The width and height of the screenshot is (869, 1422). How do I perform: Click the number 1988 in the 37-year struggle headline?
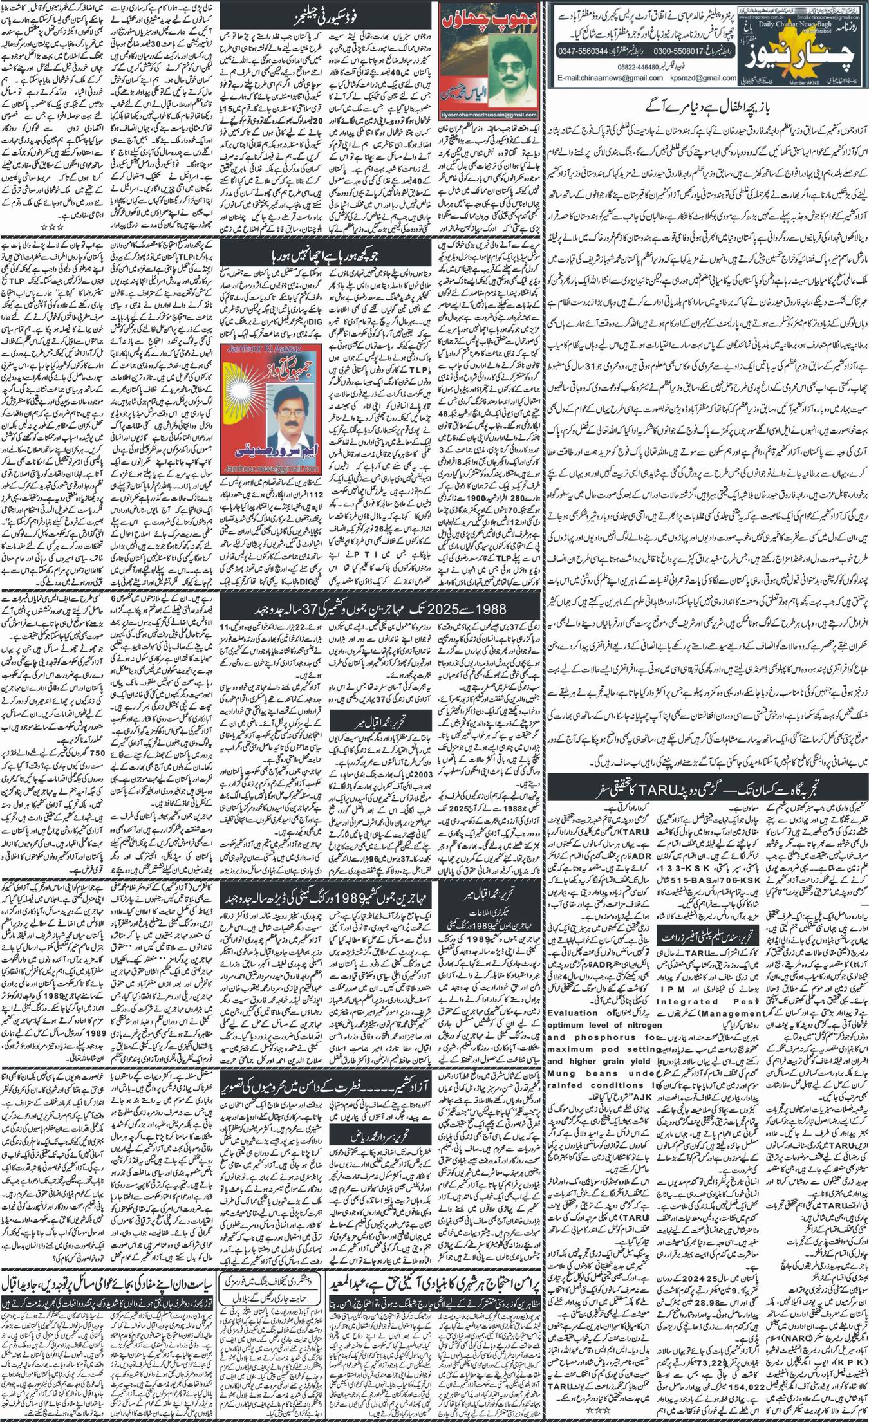tap(491, 610)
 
